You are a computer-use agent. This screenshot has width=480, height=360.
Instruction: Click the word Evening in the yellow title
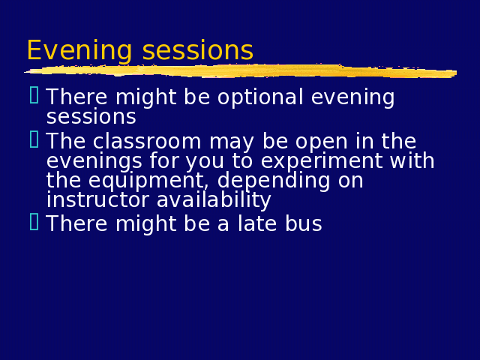[x=79, y=51]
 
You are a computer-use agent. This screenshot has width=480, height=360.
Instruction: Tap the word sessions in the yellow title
[x=198, y=50]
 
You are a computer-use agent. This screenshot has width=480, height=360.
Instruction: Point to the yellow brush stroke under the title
[x=241, y=71]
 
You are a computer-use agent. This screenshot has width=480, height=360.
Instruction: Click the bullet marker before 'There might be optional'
[x=34, y=95]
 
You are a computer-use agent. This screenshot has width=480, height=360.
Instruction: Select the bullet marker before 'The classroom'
[x=34, y=139]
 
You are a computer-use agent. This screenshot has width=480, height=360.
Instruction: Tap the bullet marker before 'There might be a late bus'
[x=34, y=222]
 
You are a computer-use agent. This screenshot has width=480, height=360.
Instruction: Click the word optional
[x=260, y=98]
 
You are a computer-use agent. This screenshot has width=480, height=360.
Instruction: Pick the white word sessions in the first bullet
[x=91, y=117]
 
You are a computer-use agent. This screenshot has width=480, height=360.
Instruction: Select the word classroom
[x=147, y=141]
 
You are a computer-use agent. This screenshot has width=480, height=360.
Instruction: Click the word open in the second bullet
[x=321, y=143]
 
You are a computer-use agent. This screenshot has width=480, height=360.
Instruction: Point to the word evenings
[x=94, y=162]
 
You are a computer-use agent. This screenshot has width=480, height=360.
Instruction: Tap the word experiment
[x=322, y=162]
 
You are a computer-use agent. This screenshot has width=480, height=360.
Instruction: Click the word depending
[x=273, y=181]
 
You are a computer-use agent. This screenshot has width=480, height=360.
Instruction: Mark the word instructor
[x=97, y=200]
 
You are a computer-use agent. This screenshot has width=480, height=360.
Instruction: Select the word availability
[x=214, y=201]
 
